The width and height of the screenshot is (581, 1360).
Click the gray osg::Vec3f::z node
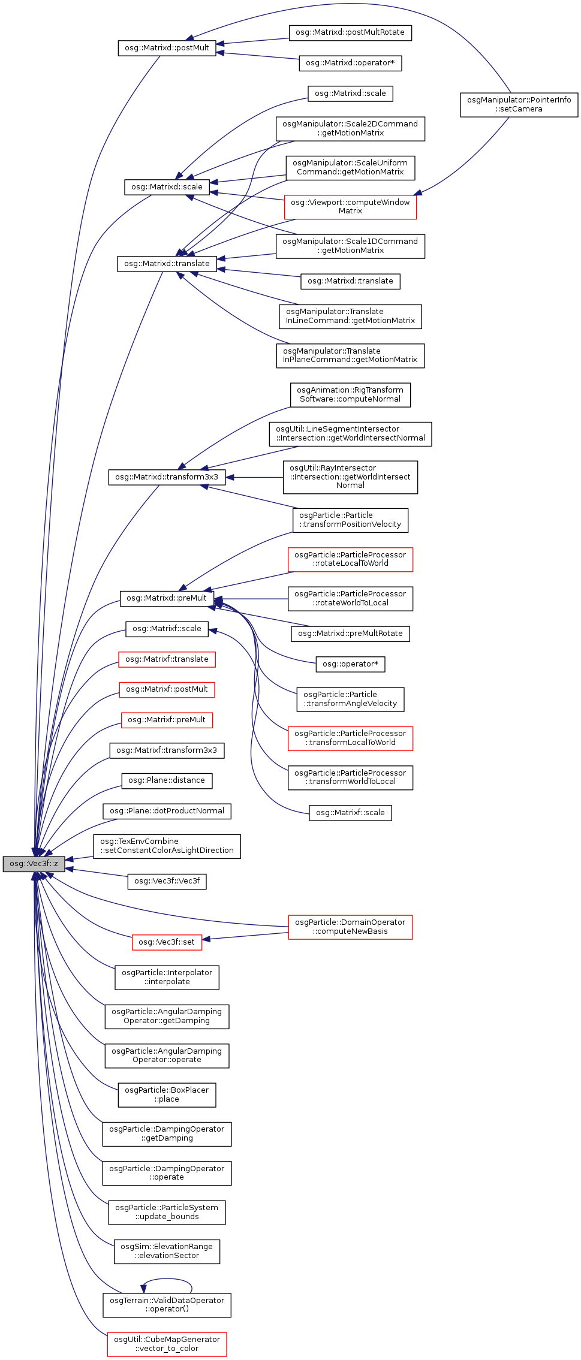(x=34, y=864)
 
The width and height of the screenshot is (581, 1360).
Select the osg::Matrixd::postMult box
(x=167, y=48)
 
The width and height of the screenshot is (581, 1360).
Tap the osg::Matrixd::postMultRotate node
(x=350, y=32)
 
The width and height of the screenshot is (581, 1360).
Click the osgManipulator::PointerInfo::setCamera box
(x=519, y=104)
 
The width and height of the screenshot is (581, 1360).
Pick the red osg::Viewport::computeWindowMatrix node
(x=350, y=207)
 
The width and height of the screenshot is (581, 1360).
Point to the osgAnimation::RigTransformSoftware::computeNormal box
(x=350, y=394)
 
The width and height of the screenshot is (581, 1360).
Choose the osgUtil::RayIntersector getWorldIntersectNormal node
(x=350, y=477)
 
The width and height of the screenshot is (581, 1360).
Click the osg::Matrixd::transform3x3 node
(x=167, y=477)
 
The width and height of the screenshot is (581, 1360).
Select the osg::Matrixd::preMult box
(x=167, y=598)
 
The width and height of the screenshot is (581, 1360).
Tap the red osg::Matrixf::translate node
(x=167, y=659)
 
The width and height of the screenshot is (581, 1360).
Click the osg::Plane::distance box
(x=167, y=780)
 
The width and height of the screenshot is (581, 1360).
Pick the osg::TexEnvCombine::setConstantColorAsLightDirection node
(x=167, y=846)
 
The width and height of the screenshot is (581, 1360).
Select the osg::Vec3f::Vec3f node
(x=167, y=881)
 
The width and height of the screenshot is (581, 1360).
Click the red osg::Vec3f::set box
(x=167, y=942)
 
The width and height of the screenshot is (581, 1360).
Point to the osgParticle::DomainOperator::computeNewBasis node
(x=350, y=927)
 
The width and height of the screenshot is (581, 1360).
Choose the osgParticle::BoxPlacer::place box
(x=167, y=1094)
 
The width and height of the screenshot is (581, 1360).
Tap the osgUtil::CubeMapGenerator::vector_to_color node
(x=167, y=1344)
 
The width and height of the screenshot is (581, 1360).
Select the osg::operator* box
(x=350, y=664)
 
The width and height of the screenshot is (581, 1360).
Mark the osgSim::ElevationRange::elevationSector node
(x=167, y=1251)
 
